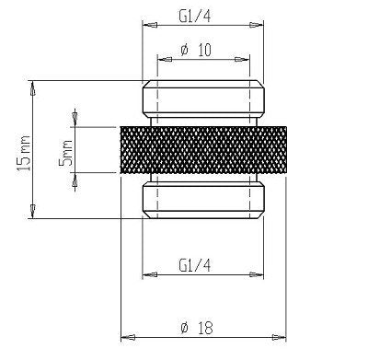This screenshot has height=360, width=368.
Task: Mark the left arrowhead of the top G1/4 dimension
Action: pyautogui.click(x=145, y=28)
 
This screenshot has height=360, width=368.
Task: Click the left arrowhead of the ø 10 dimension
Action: pyautogui.click(x=161, y=62)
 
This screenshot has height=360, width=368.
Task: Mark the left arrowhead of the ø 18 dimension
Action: pyautogui.click(x=124, y=338)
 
